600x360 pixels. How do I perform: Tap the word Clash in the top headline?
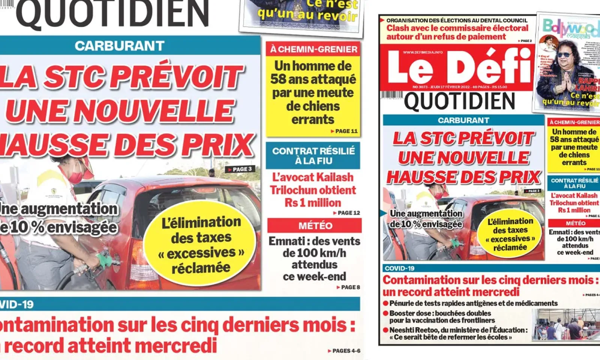pyautogui.click(x=397, y=28)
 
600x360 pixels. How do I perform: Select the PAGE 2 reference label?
pyautogui.click(x=525, y=41)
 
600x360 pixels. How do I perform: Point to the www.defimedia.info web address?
pyautogui.click(x=423, y=52)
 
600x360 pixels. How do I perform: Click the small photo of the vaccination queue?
pyautogui.click(x=565, y=324)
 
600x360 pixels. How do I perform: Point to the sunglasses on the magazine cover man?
pyautogui.click(x=564, y=55)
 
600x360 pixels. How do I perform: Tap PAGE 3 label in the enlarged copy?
pyautogui.click(x=240, y=169)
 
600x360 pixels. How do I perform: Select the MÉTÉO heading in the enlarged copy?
pyautogui.click(x=315, y=226)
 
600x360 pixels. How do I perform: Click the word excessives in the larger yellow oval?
pyautogui.click(x=201, y=253)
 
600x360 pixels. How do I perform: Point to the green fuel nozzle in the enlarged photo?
pyautogui.click(x=103, y=258)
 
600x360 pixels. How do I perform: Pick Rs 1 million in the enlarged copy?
pyautogui.click(x=313, y=203)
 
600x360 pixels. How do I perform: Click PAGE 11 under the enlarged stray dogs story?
pyautogui.click(x=345, y=131)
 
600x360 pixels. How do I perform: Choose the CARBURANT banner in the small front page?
pyautogui.click(x=463, y=120)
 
